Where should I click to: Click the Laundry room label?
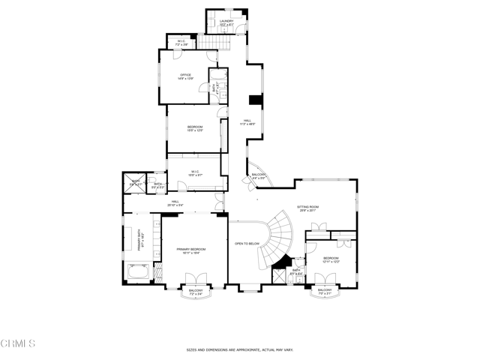point(226,23)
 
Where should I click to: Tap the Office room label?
point(186,76)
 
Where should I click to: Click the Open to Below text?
point(247,243)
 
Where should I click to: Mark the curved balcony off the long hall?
point(259,178)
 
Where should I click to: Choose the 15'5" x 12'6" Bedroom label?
point(195,128)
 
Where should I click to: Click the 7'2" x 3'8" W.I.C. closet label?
point(181,42)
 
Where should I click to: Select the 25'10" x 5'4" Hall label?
point(175,202)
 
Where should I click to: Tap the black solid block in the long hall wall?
point(254,101)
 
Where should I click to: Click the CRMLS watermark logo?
point(18,343)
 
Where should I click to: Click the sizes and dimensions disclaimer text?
point(239,349)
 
